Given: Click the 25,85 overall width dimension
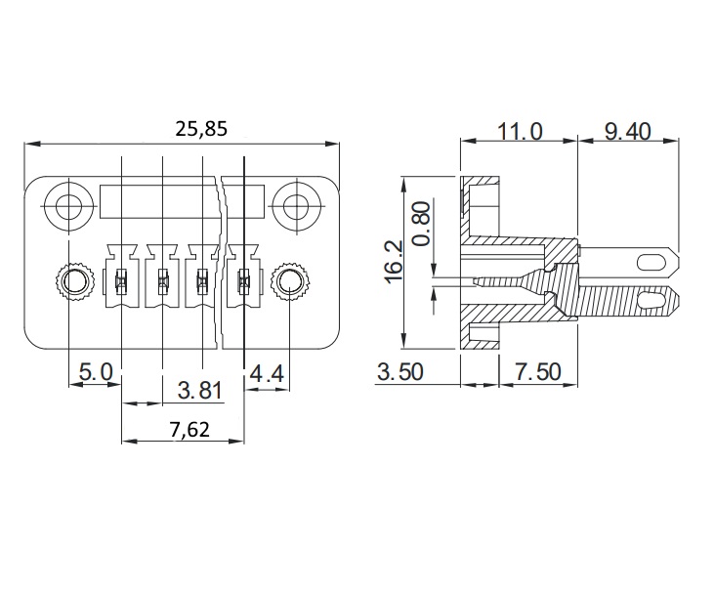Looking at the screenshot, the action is pos(201,130).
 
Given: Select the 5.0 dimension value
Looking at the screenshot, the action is pos(96,372).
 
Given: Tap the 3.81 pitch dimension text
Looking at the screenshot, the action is pos(199,391).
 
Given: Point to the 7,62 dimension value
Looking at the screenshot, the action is pos(189,430).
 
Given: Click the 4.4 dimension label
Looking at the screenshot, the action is pos(267,374).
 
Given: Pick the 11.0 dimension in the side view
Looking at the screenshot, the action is pos(520,132).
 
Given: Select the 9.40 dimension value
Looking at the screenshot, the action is pos(627,132).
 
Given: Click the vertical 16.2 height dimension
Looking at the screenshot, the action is pos(394,262).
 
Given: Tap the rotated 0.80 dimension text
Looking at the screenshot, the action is pos(422,224).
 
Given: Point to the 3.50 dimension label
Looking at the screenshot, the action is pos(400,372).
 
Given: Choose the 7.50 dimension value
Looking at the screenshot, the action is pos(538,372).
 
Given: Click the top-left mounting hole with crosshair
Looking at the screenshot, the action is pos(69,207).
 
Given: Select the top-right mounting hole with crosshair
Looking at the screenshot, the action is pos(297,207).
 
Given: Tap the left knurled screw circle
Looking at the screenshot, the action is pos(74,282).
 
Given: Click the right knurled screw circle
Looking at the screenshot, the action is pos(289,282).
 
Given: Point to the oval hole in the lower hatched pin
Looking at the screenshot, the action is pos(650,300).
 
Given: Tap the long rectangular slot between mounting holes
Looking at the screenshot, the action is pos(182,201).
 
